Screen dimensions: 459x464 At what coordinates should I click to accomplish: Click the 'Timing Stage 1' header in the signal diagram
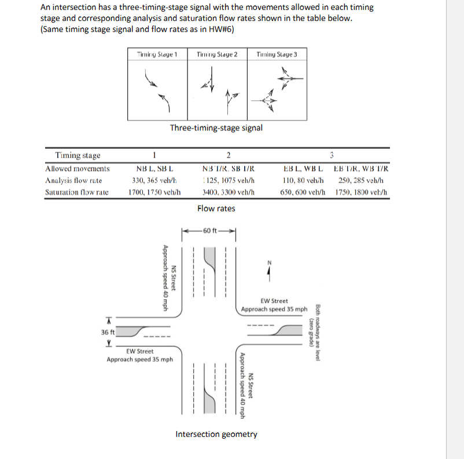(x=157, y=54)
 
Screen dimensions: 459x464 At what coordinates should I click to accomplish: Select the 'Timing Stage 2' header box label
(x=217, y=54)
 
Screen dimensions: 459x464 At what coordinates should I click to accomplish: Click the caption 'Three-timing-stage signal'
(x=216, y=128)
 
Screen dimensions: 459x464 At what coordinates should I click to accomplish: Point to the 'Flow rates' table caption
(x=216, y=208)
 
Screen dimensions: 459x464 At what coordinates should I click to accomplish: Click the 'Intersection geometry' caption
(x=216, y=434)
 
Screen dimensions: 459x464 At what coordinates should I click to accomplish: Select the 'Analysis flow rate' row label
(x=73, y=180)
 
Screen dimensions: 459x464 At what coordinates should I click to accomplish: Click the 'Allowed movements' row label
(x=77, y=169)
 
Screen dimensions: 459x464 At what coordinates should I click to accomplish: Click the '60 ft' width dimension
(x=210, y=231)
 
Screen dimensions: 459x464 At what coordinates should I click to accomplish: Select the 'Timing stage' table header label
(x=77, y=155)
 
